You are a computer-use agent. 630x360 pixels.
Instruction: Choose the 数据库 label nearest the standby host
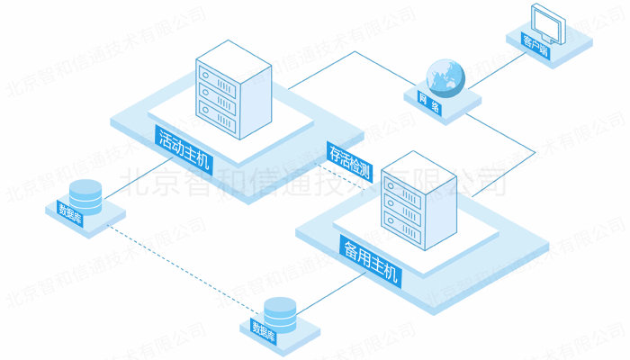[267, 325]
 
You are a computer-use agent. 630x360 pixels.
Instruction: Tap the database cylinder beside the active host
[85, 193]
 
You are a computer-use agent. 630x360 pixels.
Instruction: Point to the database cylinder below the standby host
[280, 310]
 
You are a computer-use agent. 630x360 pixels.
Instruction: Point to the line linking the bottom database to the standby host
[328, 292]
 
